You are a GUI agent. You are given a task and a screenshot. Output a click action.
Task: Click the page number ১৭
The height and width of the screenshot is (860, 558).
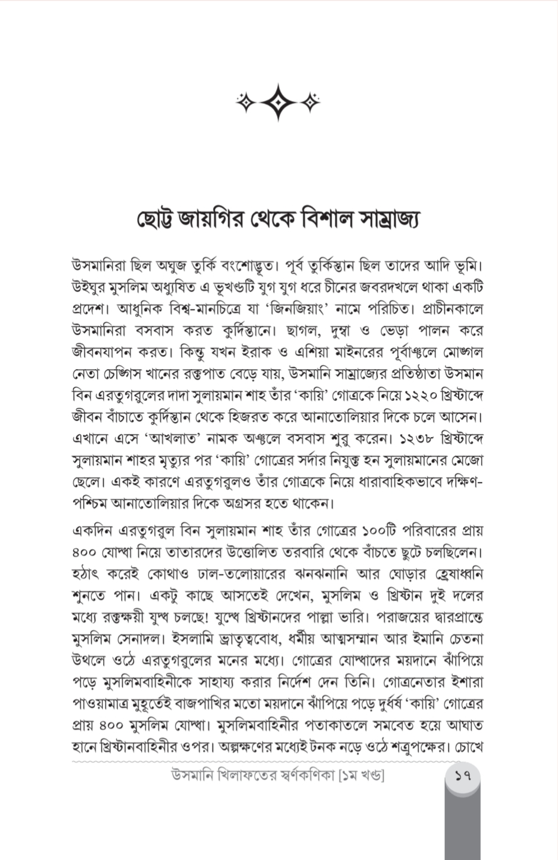[462, 777]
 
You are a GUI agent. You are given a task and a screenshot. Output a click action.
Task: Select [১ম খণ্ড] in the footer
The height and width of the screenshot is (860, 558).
[359, 777]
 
